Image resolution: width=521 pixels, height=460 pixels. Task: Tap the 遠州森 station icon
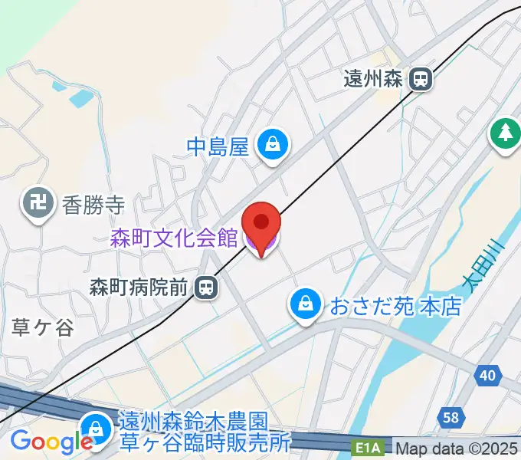420,78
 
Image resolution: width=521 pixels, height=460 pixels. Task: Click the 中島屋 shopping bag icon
272,143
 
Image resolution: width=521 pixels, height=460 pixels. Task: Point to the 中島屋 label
218,146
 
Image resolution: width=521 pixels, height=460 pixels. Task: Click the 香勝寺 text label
93,205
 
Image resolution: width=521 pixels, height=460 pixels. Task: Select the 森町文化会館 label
174,238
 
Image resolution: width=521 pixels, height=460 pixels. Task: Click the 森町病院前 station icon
205,287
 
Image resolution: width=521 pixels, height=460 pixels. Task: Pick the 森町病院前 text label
138,288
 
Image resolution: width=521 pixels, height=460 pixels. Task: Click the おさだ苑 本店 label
396,307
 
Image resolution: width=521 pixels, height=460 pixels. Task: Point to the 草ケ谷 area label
43,328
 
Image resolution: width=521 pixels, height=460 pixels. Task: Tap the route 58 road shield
452,417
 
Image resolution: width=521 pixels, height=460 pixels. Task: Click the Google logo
51,442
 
